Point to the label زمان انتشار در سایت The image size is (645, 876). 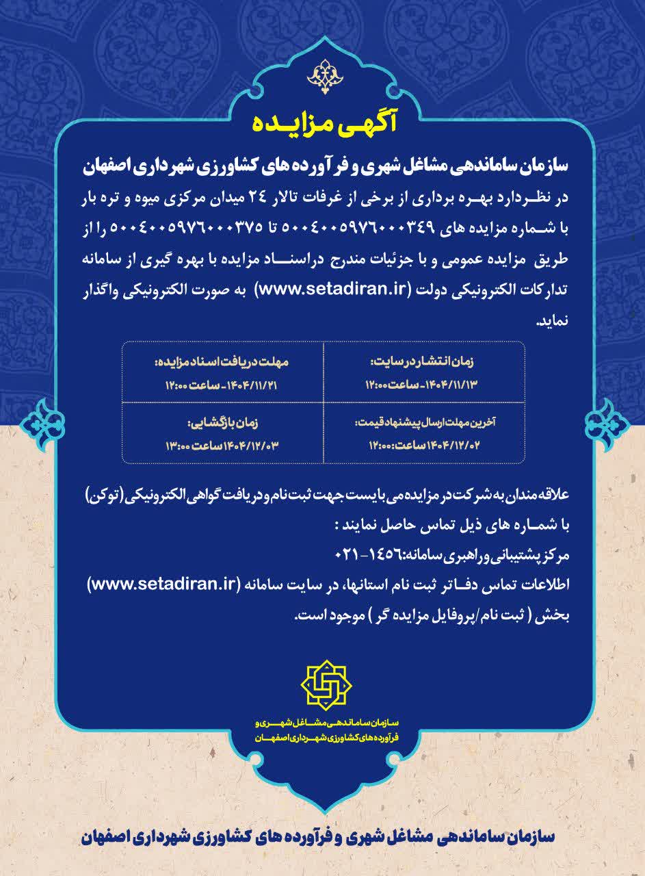pos(424,361)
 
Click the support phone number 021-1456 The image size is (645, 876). pos(369,551)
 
